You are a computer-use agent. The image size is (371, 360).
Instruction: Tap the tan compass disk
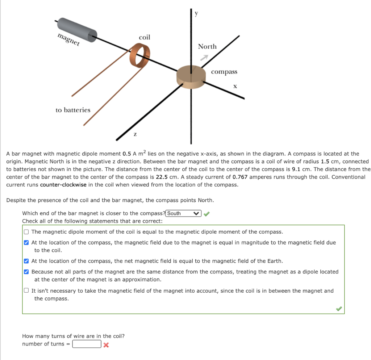pyautogui.click(x=191, y=76)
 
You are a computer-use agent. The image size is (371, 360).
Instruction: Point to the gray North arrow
pyautogui.click(x=205, y=57)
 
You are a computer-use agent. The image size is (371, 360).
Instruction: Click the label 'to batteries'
pyautogui.click(x=73, y=110)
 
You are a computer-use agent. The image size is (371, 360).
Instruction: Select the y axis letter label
pyautogui.click(x=196, y=13)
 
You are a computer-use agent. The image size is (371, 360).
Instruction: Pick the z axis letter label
pyautogui.click(x=135, y=134)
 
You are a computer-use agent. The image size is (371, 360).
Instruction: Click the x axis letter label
pyautogui.click(x=235, y=86)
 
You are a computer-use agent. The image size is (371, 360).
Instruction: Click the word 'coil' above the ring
pyautogui.click(x=144, y=37)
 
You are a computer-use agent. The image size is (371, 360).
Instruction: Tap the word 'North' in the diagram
pyautogui.click(x=207, y=46)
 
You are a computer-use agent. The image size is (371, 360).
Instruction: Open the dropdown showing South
pyautogui.click(x=183, y=213)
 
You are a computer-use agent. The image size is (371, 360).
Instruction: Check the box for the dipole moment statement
pyautogui.click(x=26, y=232)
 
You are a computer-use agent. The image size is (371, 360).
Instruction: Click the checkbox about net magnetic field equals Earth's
pyautogui.click(x=26, y=261)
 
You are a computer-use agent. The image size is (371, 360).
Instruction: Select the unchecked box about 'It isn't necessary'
pyautogui.click(x=26, y=290)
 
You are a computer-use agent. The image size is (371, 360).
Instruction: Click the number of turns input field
pyautogui.click(x=87, y=344)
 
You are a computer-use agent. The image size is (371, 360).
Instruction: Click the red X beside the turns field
pyautogui.click(x=106, y=344)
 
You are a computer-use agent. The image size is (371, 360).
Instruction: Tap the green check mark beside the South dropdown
pyautogui.click(x=207, y=214)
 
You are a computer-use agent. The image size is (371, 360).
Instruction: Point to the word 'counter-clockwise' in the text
pyautogui.click(x=63, y=185)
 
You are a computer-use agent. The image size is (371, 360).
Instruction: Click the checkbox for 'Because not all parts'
pyautogui.click(x=26, y=272)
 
